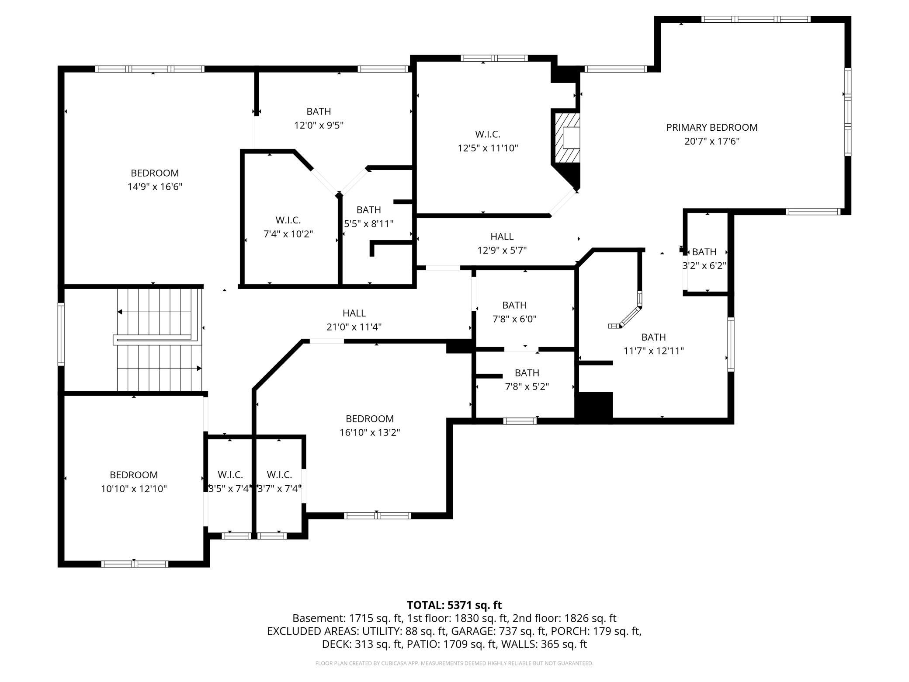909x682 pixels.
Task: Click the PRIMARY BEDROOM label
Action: (x=711, y=127)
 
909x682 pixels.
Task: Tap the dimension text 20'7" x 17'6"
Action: (x=711, y=141)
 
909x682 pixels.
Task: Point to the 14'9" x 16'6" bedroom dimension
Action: (x=155, y=187)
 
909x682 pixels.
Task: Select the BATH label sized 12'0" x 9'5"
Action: (x=319, y=111)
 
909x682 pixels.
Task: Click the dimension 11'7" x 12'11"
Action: (x=654, y=351)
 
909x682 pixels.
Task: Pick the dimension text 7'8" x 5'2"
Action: (x=527, y=386)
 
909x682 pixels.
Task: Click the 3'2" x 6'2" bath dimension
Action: (x=704, y=265)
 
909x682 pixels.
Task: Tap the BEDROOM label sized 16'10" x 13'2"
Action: (x=370, y=419)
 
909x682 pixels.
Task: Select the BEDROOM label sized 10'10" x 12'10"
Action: (x=134, y=475)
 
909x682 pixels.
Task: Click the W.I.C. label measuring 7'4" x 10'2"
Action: (x=288, y=220)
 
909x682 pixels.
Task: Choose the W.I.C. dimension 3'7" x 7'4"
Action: (x=279, y=488)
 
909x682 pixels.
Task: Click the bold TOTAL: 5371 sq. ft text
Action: (x=454, y=605)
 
